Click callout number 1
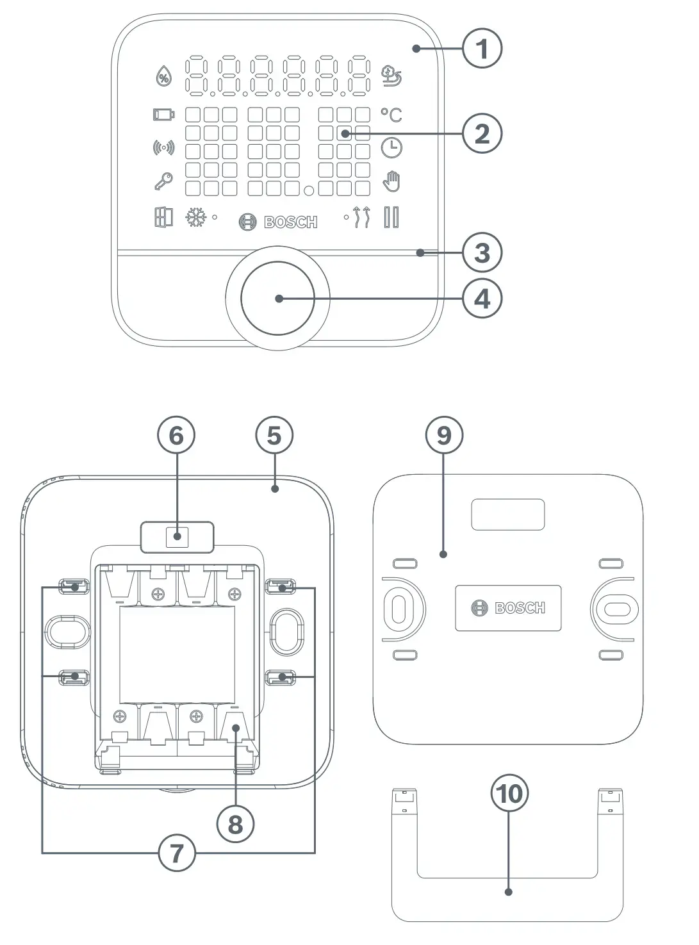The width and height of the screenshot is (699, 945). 482,49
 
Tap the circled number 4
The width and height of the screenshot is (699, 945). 482,299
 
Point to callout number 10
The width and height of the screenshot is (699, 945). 510,794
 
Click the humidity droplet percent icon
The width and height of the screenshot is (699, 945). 164,77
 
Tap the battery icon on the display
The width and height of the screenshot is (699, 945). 163,115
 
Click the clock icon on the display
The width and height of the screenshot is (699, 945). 391,147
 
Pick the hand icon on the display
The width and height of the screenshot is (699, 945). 391,181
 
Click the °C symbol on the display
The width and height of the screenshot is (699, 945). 391,115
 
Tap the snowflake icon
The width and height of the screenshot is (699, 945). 195,218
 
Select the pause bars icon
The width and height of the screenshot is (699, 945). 391,217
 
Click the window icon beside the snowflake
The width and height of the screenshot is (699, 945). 163,217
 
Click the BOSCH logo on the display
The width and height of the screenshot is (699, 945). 278,222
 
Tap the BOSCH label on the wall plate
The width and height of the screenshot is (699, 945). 508,608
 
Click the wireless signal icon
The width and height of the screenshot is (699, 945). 163,148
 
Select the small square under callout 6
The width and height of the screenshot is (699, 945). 177,537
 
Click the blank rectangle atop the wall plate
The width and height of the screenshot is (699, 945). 508,514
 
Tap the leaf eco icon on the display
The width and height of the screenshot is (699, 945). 391,76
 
